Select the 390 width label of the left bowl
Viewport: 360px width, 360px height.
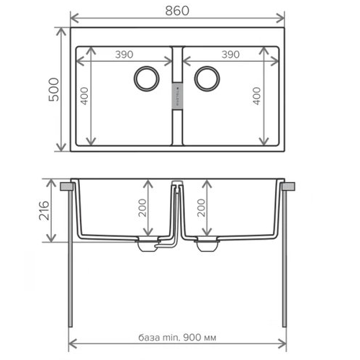point(126,54)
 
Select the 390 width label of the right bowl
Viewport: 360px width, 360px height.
point(230,54)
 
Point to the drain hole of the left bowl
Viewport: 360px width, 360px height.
point(148,77)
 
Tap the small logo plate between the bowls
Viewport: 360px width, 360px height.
point(178,94)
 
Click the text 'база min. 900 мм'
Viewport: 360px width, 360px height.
point(179,338)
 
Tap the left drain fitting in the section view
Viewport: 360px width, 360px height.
point(147,246)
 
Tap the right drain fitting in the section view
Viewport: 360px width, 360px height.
point(207,246)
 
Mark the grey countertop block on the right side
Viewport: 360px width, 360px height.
point(290,186)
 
